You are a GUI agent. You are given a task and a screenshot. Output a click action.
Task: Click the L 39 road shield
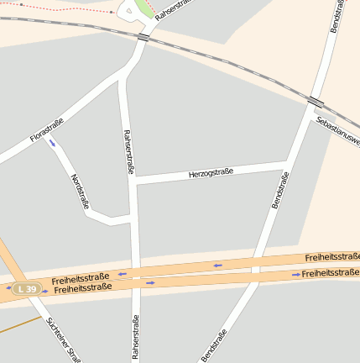click(x=27, y=289)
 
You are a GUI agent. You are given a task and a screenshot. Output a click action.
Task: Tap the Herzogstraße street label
click(x=211, y=173)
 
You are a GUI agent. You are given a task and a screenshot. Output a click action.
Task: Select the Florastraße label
click(x=46, y=130)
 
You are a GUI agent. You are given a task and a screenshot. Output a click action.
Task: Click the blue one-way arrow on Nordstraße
click(x=53, y=144)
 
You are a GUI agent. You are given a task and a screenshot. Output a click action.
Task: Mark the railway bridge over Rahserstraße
click(x=143, y=38)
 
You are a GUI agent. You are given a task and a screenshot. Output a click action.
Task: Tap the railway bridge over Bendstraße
click(x=316, y=102)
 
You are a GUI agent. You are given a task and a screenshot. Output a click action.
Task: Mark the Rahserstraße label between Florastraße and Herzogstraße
click(x=128, y=150)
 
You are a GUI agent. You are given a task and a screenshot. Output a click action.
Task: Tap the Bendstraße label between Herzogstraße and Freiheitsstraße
click(x=280, y=190)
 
